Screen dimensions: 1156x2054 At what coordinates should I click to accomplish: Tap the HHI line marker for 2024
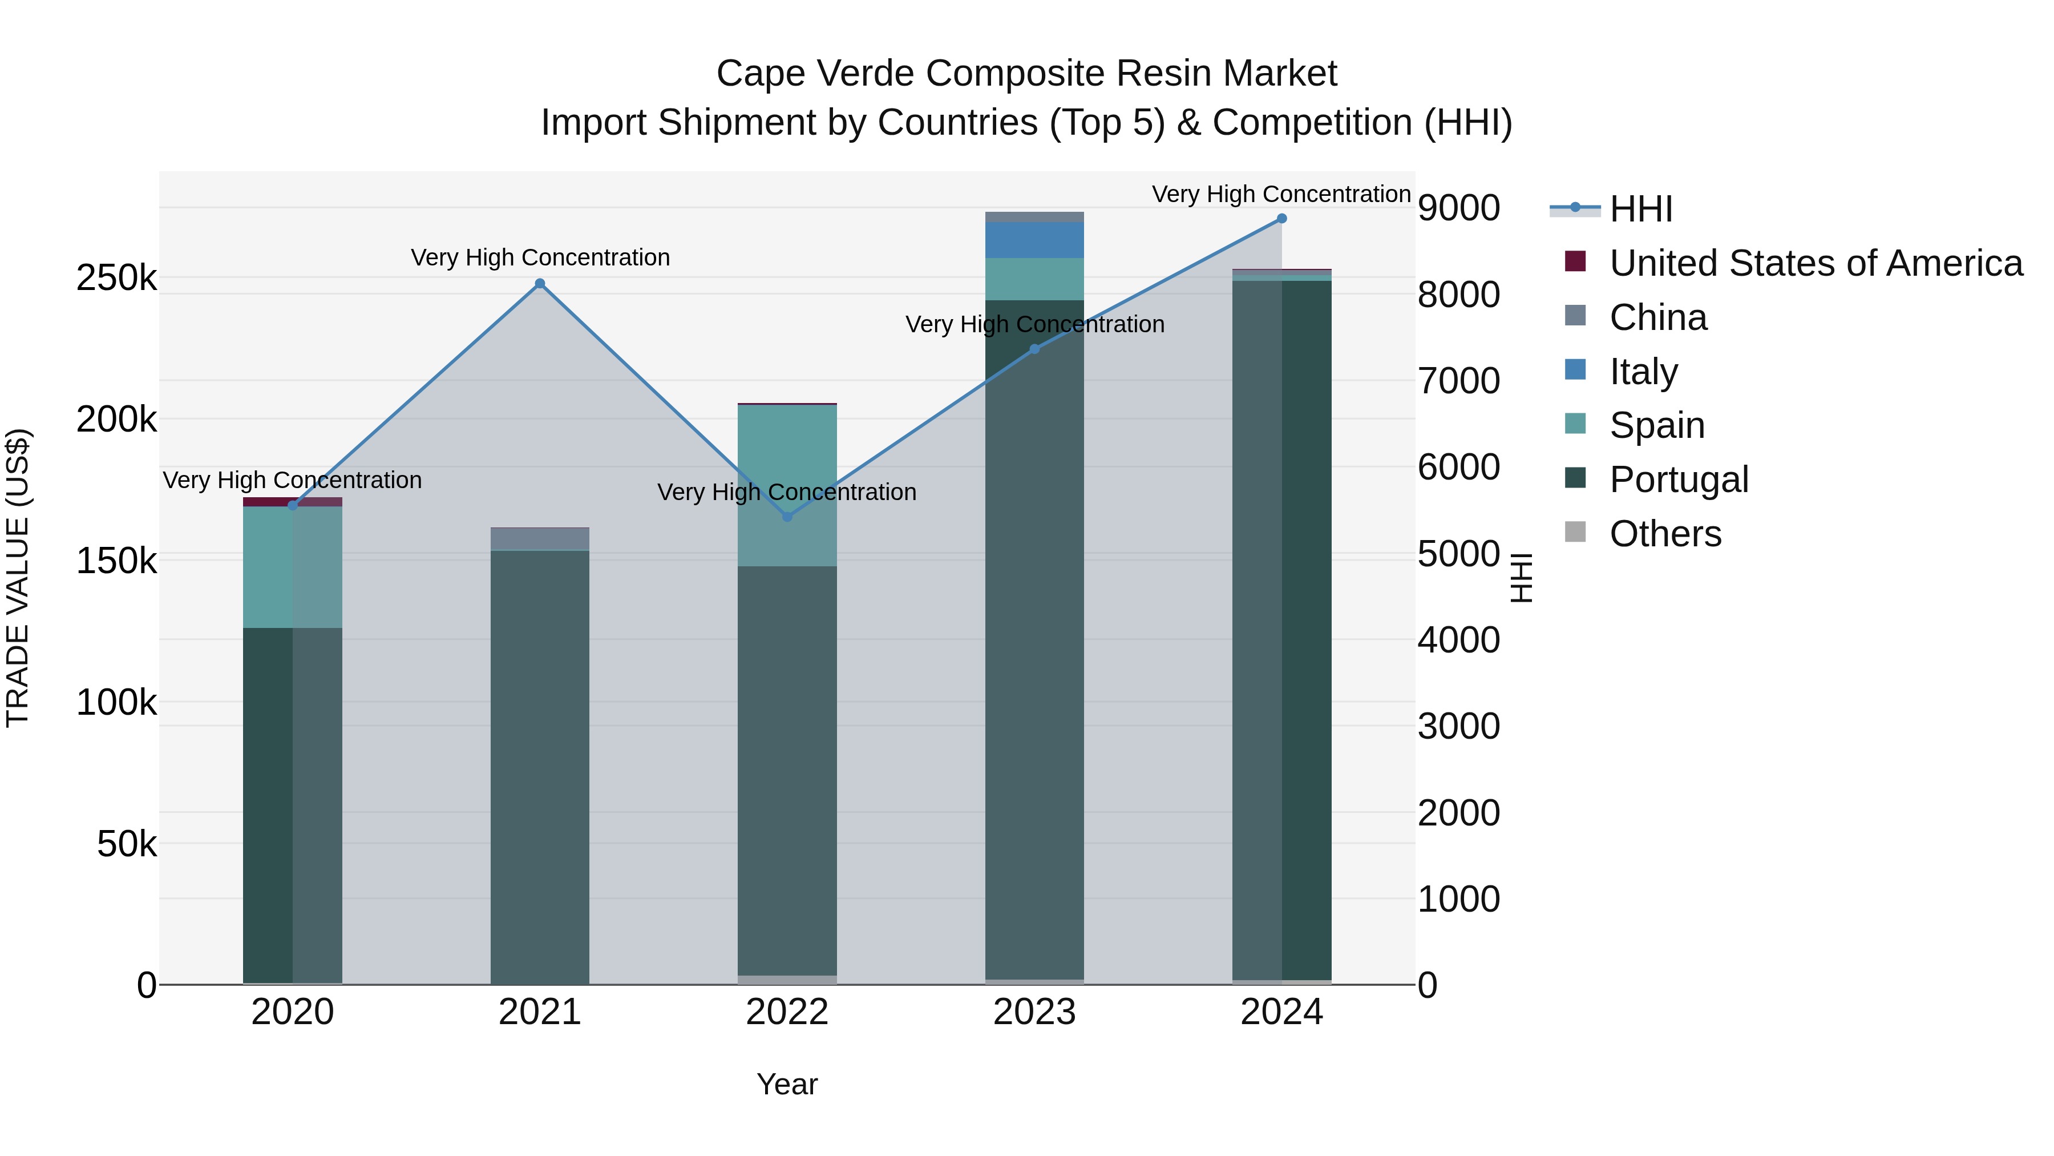coord(1281,219)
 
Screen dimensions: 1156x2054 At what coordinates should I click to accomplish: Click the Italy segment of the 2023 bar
coord(1034,240)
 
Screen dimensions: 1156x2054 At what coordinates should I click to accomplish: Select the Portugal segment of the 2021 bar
coord(540,766)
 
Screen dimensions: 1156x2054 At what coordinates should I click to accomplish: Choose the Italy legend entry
coord(1643,372)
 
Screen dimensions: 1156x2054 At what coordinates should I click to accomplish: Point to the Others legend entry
coord(1665,534)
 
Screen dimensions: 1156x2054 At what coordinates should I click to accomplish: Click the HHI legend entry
coord(1641,209)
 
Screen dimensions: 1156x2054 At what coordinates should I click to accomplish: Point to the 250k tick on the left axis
coord(116,279)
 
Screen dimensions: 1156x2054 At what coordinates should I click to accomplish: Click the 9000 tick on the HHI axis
coord(1458,208)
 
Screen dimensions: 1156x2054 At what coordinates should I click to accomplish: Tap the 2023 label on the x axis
coord(1034,1012)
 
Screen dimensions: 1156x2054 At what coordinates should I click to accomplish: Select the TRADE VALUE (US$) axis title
coord(18,578)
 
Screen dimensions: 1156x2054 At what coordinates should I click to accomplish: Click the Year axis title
coord(787,1084)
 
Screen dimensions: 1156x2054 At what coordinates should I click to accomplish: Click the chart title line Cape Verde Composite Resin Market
coord(1026,74)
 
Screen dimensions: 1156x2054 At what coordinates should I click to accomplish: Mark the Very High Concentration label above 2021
coord(540,257)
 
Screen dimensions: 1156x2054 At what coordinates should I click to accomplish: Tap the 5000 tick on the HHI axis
coord(1458,554)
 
